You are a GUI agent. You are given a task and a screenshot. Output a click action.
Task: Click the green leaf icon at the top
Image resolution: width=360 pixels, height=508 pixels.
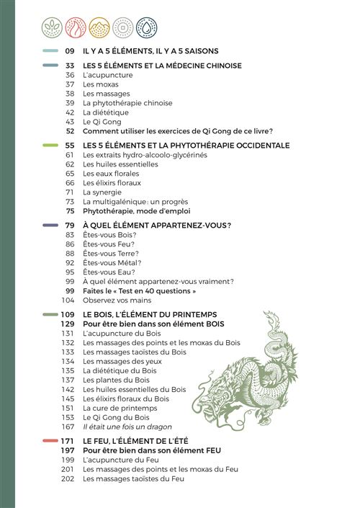click(51, 27)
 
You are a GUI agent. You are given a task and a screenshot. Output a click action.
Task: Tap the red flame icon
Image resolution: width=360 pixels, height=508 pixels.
click(76, 27)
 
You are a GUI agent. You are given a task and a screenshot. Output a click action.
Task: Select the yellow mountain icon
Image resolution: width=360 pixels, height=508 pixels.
click(99, 27)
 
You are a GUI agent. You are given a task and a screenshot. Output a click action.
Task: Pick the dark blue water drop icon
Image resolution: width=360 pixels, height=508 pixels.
click(147, 27)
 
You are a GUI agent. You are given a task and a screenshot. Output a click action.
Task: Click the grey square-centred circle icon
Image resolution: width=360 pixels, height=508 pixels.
click(123, 27)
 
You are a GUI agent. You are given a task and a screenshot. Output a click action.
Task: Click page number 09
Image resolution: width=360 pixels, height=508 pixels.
click(70, 51)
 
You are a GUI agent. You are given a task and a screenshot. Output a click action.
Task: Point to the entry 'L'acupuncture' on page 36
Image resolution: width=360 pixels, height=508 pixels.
click(107, 75)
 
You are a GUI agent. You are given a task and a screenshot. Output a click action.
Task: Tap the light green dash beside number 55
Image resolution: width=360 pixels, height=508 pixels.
click(50, 145)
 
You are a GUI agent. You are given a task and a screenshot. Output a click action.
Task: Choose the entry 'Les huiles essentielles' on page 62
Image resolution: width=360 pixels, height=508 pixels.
click(119, 164)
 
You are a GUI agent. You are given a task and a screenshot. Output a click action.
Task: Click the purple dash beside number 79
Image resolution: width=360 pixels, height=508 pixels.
click(50, 225)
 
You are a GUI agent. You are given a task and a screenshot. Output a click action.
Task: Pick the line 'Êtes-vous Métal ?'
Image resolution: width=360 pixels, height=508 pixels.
click(112, 263)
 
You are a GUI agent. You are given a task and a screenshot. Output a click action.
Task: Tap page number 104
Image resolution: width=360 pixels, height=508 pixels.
click(68, 300)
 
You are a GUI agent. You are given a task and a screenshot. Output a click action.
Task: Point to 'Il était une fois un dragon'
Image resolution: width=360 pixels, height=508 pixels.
click(127, 427)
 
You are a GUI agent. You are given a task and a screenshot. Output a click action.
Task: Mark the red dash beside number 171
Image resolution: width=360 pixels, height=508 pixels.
click(50, 440)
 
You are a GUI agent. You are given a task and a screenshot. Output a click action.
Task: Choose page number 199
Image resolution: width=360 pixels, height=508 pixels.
click(68, 459)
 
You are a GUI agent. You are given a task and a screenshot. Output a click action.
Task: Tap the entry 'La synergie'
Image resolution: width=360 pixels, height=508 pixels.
click(102, 192)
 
